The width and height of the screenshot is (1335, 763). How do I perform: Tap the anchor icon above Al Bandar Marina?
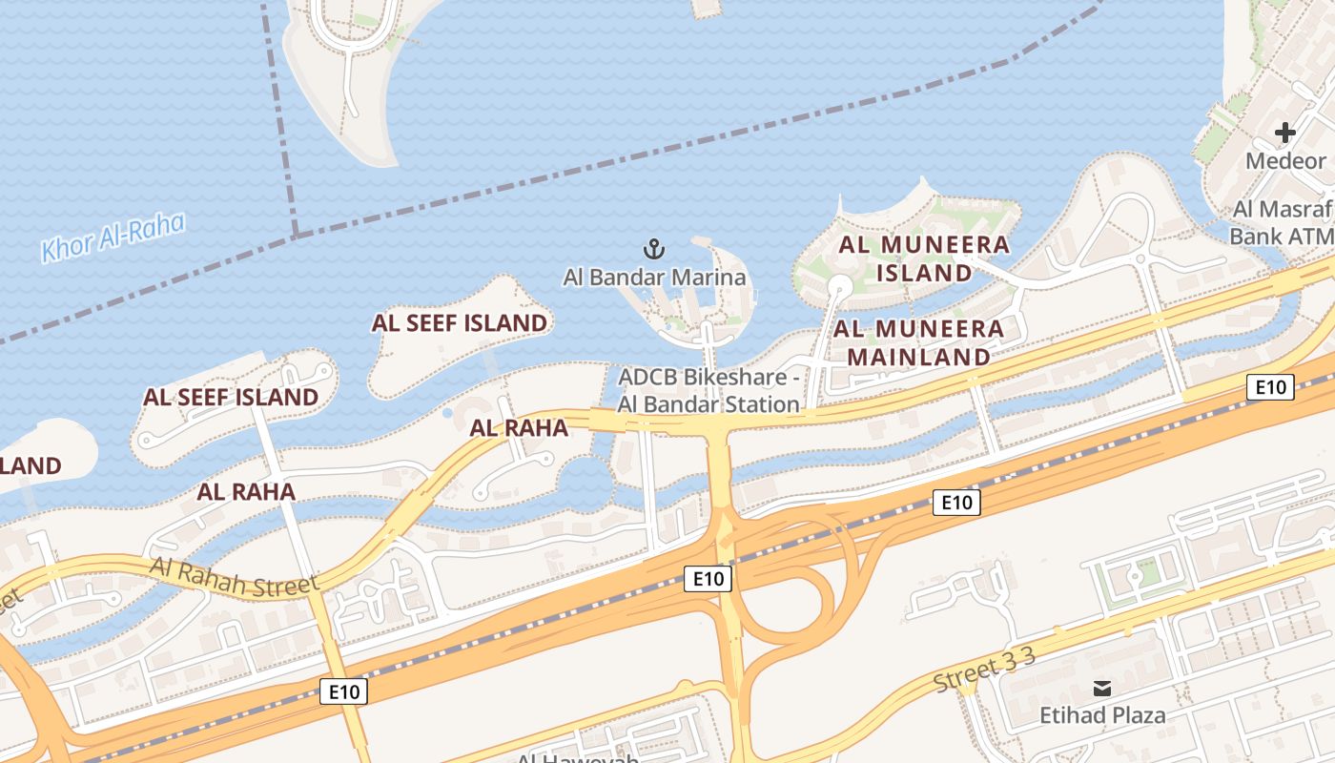pos(654,250)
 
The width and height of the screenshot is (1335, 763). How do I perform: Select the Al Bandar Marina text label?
pos(654,278)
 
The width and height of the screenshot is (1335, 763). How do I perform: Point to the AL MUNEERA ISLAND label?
pos(923,258)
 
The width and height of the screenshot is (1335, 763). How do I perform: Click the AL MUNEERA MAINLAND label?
pos(919,343)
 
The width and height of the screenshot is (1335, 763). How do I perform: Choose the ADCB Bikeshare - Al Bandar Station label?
pos(709,390)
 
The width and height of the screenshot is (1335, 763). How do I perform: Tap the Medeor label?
pos(1285,160)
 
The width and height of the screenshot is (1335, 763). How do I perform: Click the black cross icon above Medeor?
pos(1285,133)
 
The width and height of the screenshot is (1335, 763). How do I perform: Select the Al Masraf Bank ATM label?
pos(1283,222)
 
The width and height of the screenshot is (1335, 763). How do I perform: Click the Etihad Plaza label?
pos(1101,715)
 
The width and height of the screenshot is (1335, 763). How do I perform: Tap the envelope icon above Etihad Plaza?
pos(1102,689)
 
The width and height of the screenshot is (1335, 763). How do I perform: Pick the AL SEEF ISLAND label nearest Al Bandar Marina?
pos(460,323)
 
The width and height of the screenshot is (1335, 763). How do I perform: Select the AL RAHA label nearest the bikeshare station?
pos(519,428)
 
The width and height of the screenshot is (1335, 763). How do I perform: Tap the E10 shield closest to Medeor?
pos(1270,387)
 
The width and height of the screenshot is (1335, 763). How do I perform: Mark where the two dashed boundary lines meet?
pos(296,234)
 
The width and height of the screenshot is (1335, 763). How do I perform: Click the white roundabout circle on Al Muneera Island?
pos(839,285)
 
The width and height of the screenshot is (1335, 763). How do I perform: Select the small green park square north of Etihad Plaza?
pos(1148,571)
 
